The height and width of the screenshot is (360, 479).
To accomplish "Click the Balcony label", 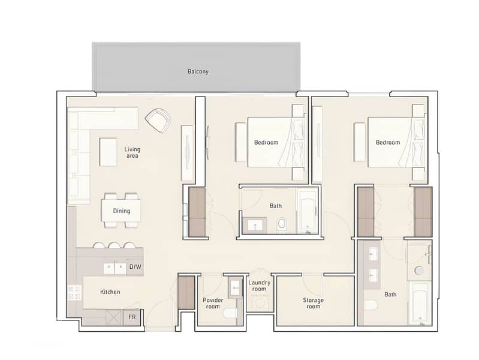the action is pos(198,71).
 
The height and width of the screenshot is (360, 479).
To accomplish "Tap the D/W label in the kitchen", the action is pos(135,267).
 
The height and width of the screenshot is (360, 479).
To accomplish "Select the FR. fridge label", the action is pos(132,317).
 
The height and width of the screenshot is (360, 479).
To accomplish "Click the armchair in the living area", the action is pos(158,121).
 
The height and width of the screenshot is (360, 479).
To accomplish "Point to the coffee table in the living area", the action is pos(108,152).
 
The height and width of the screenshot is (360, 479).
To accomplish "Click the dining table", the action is pos(121,211).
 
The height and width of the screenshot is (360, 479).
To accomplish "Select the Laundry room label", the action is pos(259,286).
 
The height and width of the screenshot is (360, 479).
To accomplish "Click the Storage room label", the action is pos(313,303).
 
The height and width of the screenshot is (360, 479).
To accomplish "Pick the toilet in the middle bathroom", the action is pos(281,224).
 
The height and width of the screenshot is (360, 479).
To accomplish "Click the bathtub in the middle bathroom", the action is pos(308,212).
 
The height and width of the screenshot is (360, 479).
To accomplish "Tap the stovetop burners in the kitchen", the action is pos(74,292).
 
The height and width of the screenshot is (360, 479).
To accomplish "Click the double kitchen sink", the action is pos(115,269).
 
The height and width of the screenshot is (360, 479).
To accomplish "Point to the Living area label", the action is pos(132,152).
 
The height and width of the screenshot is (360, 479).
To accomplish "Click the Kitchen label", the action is pos(110,292).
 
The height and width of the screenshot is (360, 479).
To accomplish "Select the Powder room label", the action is pos(213,303).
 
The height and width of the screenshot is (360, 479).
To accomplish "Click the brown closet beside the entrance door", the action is pos(186,292).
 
